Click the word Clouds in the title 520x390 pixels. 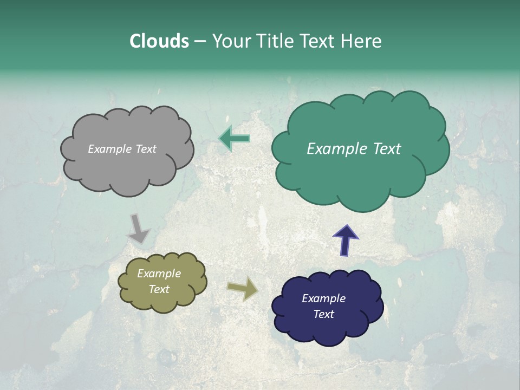pyautogui.click(x=159, y=41)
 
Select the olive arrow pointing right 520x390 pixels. pyautogui.click(x=243, y=289)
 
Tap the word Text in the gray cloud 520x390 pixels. pyautogui.click(x=146, y=149)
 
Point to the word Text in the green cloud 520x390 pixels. pyautogui.click(x=387, y=149)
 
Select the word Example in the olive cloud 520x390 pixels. pyautogui.click(x=159, y=274)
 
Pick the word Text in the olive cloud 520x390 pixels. pyautogui.click(x=159, y=289)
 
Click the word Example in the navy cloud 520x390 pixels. pyautogui.click(x=324, y=298)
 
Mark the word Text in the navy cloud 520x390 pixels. pyautogui.click(x=324, y=314)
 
